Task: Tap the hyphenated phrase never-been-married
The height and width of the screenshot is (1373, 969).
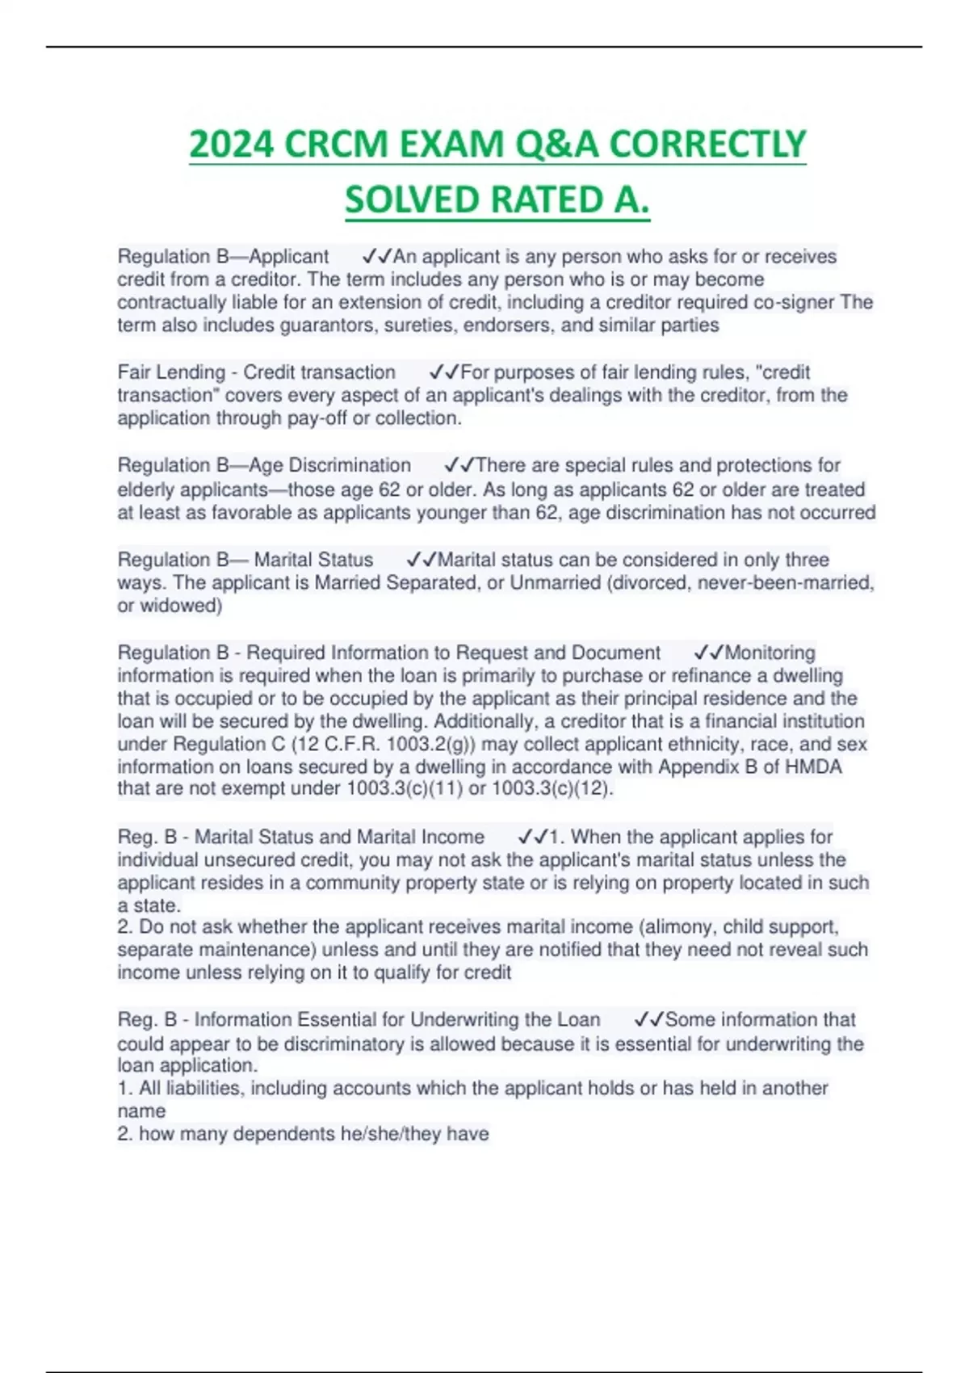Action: point(785,583)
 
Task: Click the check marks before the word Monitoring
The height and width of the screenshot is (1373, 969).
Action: point(708,653)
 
